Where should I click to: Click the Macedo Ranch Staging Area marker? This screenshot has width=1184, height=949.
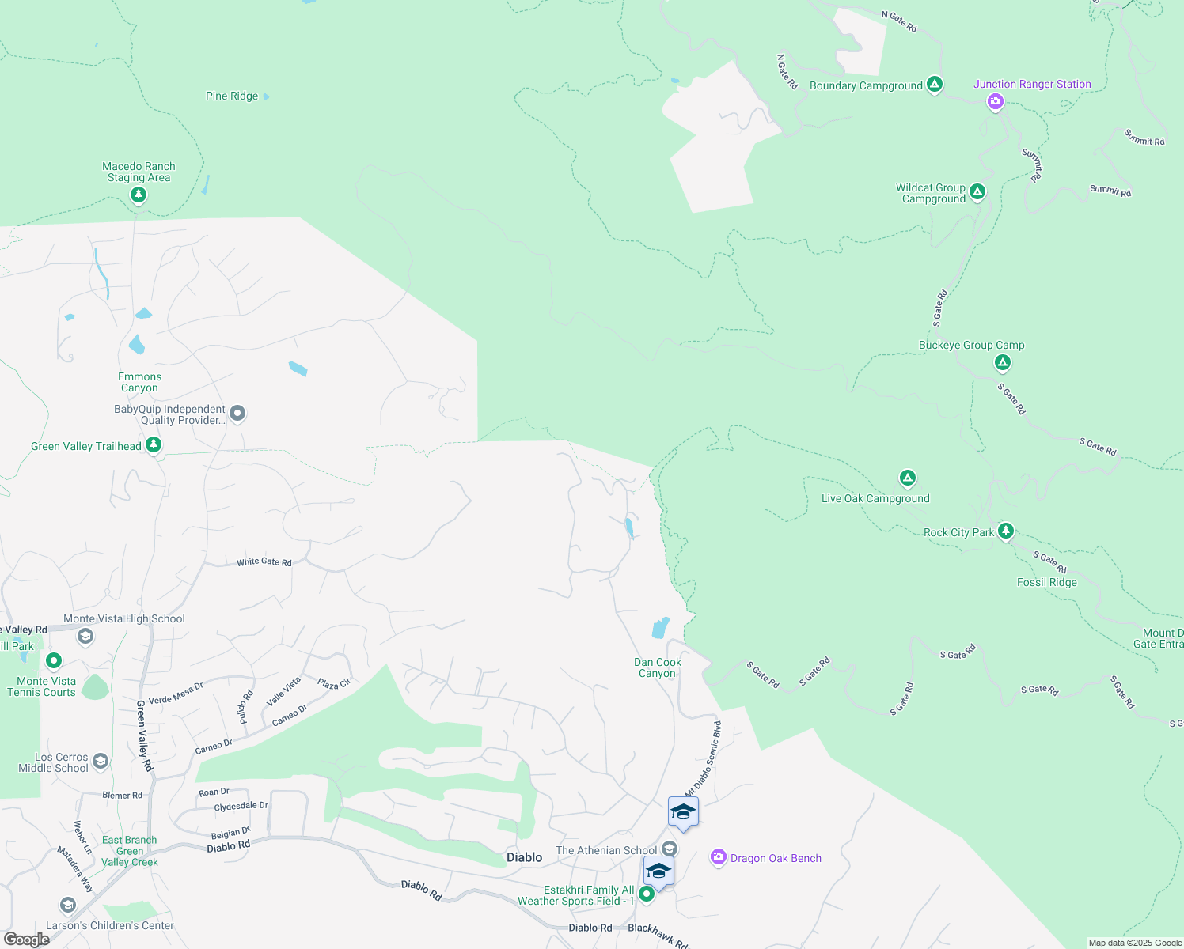(139, 195)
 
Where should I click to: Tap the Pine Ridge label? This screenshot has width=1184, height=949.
(232, 96)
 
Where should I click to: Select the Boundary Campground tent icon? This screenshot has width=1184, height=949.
(935, 85)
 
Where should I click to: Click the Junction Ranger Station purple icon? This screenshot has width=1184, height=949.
(996, 101)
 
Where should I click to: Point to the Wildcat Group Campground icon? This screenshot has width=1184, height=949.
(977, 192)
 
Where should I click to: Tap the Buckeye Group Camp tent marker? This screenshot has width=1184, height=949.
(1003, 362)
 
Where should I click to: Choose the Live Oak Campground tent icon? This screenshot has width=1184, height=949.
(908, 478)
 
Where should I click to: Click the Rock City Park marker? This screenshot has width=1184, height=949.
(1006, 531)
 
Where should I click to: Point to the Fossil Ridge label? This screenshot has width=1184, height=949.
(1046, 582)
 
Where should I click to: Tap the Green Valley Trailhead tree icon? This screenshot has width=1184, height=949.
(154, 445)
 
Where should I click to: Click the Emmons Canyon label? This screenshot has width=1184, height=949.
(140, 383)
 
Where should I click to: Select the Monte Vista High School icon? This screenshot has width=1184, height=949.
(85, 636)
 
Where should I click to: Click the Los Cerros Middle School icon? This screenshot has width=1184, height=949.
(101, 761)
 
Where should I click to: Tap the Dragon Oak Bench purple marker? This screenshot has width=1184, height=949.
(719, 857)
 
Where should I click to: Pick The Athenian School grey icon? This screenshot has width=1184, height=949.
(670, 849)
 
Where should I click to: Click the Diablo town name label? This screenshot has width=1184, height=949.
(524, 857)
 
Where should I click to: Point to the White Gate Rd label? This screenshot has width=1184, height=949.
(264, 562)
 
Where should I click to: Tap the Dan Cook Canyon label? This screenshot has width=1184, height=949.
(657, 668)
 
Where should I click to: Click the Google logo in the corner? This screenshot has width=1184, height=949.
(26, 940)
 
